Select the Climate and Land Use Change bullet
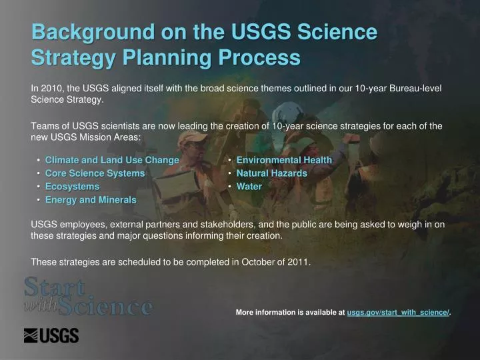coord(112,160)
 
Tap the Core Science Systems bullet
coord(95,173)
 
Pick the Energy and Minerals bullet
coord(91,199)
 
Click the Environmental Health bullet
coord(284,160)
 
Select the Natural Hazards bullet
coord(272,173)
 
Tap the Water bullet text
coord(249,187)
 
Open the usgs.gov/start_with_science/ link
coord(398,312)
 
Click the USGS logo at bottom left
coord(51,336)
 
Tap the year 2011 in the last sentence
coord(299,261)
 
